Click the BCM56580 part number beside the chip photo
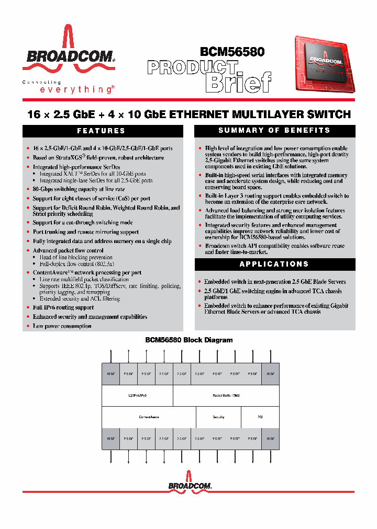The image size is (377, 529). coord(231,52)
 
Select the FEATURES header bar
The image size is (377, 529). coord(101,131)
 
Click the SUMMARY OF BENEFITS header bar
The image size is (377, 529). coord(274,131)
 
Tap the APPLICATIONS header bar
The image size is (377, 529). coord(274,264)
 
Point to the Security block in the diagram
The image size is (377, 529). coord(218,417)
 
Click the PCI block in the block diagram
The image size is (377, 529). coord(260,417)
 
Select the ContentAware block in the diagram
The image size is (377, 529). coord(149,417)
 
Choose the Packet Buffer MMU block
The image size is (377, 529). coord(226,396)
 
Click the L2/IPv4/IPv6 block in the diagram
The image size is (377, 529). coord(137,396)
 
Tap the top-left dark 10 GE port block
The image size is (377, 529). coord(110,374)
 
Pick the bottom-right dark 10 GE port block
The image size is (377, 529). coord(270,439)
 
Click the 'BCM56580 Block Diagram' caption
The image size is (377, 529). coord(188,340)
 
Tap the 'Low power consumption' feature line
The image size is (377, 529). coord(62,326)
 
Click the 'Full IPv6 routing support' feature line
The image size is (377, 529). coord(63,308)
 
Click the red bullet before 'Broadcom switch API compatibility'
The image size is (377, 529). coord(199,246)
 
